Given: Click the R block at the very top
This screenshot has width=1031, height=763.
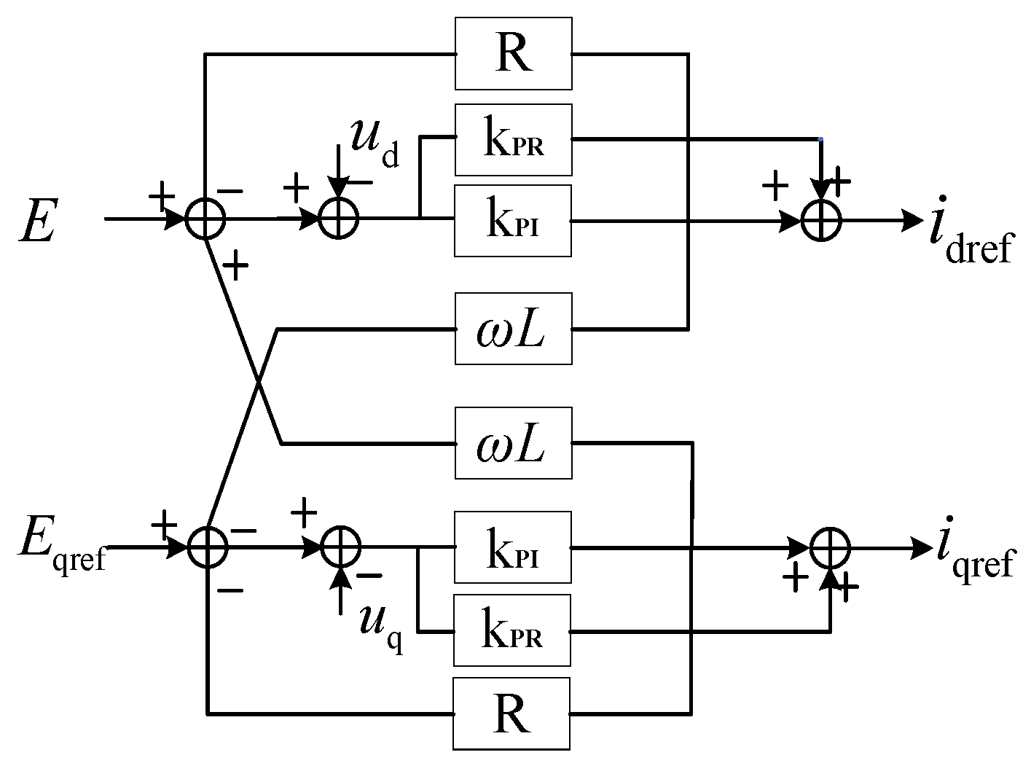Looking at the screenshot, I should click(x=513, y=55).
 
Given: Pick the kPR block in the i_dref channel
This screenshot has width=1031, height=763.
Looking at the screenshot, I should click(x=513, y=140).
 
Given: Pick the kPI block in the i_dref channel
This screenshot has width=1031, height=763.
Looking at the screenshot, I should click(x=513, y=221).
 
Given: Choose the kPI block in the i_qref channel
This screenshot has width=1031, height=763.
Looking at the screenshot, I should click(x=513, y=547).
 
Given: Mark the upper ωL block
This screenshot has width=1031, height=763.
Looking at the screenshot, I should click(x=513, y=329).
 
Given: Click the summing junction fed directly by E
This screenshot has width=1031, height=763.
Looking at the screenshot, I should click(x=205, y=219).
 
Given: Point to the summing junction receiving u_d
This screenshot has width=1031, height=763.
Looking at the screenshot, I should click(x=339, y=219).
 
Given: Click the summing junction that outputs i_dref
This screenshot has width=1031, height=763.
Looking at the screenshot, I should click(x=821, y=219).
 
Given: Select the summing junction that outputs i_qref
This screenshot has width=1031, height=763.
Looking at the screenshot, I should click(x=830, y=547).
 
